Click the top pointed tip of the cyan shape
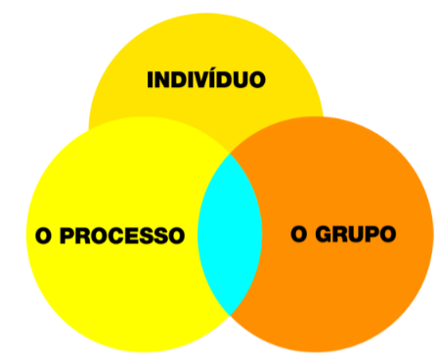[231, 152]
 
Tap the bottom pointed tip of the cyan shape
[232, 314]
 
